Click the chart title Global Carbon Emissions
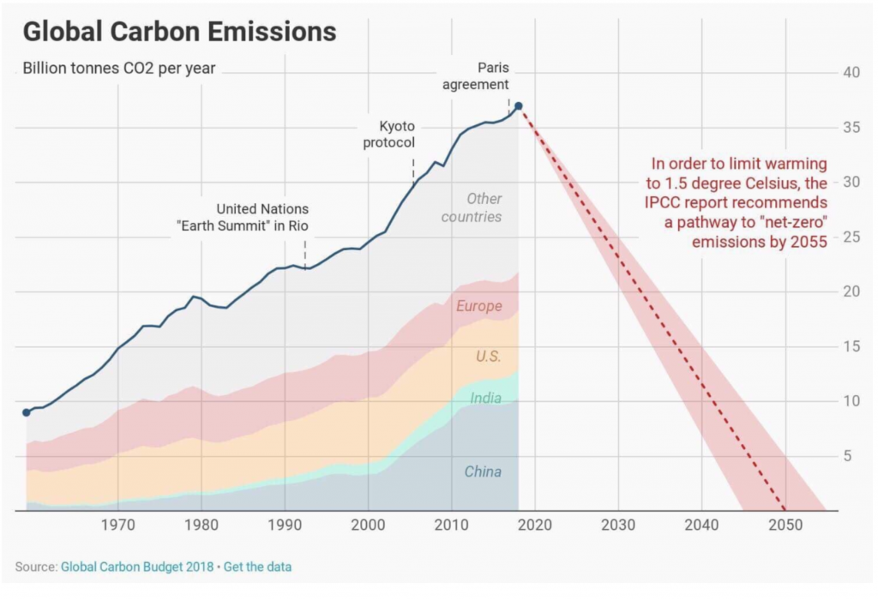178,32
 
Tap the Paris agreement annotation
493,76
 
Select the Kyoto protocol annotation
389,135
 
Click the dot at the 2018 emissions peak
518,106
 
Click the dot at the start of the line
27,412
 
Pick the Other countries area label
472,208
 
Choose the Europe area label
478,306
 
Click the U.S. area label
488,357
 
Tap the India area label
485,398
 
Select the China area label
483,471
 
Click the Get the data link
258,567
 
